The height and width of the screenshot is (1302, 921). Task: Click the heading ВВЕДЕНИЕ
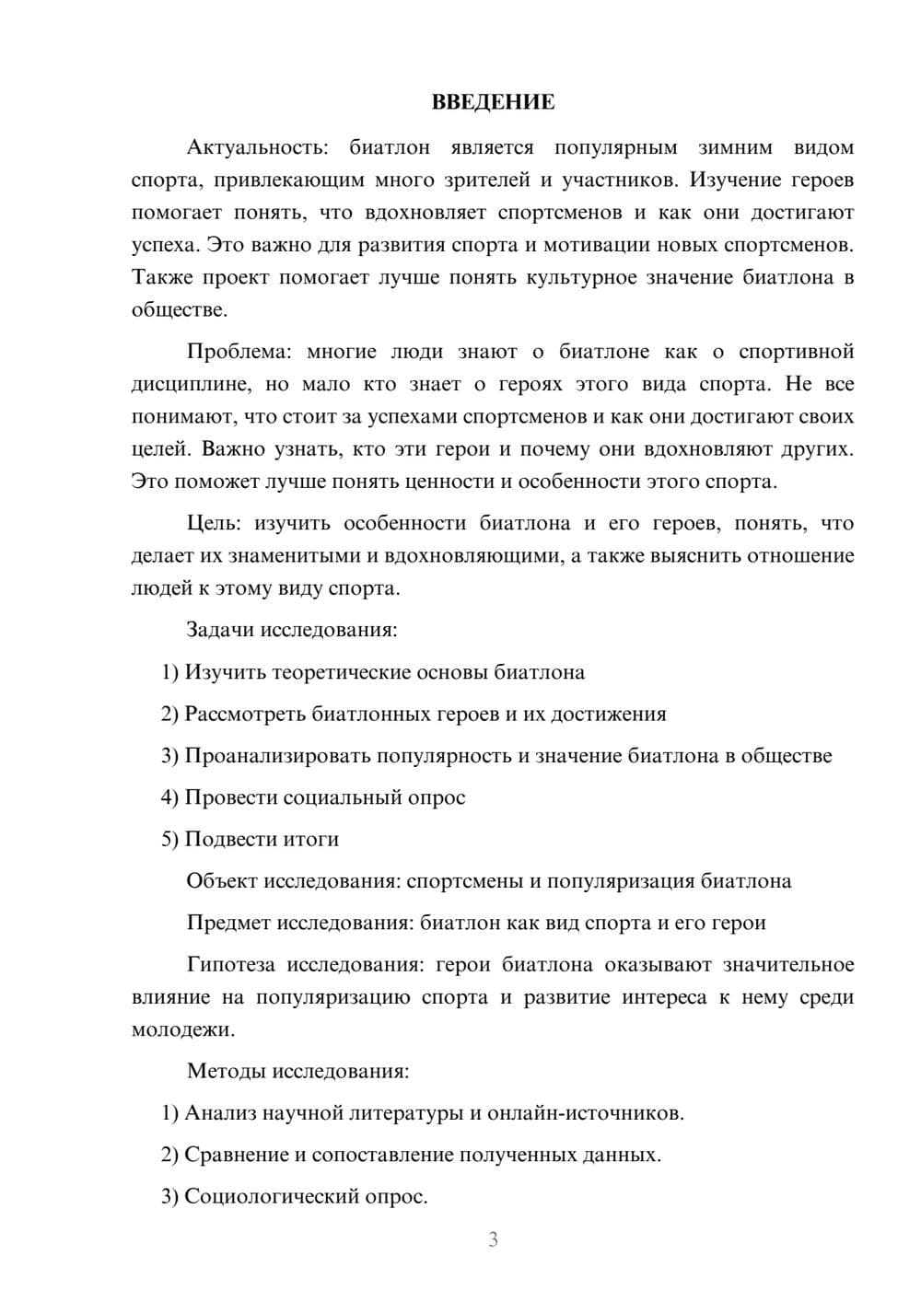(493, 102)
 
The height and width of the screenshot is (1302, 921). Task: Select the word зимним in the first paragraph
(735, 147)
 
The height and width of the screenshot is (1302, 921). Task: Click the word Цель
(214, 524)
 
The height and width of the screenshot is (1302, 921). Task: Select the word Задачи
(220, 631)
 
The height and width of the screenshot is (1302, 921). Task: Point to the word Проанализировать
(269, 756)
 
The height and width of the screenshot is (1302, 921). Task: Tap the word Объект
(221, 881)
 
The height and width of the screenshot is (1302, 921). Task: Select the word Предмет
(228, 924)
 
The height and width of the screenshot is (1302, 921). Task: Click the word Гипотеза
(230, 965)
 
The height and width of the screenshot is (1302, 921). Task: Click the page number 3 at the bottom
(493, 1240)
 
